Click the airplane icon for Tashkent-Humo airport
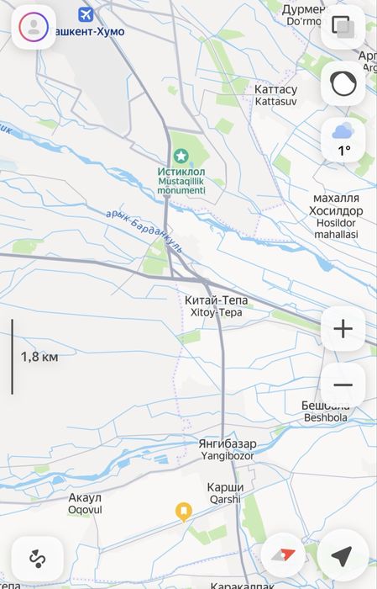(85, 14)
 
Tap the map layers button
(343, 27)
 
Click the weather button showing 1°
(343, 139)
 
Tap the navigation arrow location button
(342, 556)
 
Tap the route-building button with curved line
(36, 557)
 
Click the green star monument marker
(181, 156)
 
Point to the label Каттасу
(275, 88)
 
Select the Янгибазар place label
(228, 443)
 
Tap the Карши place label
(225, 487)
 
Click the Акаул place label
(85, 497)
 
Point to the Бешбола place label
(326, 406)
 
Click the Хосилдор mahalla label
(335, 210)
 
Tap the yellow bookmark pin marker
(184, 511)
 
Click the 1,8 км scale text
(39, 357)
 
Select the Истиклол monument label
(181, 172)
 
